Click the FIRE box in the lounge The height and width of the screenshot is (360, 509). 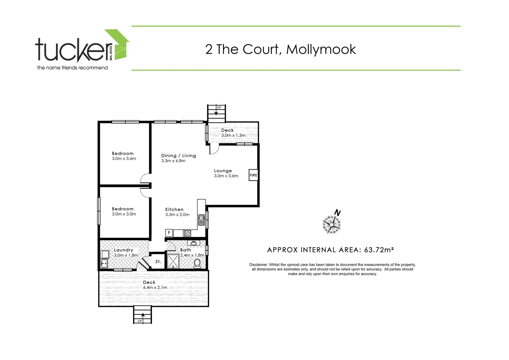254,175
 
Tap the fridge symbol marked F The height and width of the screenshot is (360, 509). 169,233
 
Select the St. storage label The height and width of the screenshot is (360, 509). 158,262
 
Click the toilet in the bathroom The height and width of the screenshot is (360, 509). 197,263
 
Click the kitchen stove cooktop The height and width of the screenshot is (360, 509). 187,233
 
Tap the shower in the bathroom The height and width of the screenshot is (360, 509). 173,261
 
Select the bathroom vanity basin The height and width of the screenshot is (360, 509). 194,243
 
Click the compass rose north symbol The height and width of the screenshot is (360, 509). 332,224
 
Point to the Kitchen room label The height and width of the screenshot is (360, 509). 174,209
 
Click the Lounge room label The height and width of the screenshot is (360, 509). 223,171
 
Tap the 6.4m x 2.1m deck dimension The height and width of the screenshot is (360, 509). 155,287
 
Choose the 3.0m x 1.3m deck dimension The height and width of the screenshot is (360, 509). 233,135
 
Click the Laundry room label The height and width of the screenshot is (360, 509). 123,250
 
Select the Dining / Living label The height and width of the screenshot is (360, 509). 179,156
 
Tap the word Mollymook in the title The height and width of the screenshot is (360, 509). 321,49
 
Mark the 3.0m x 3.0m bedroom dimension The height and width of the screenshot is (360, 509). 124,214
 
